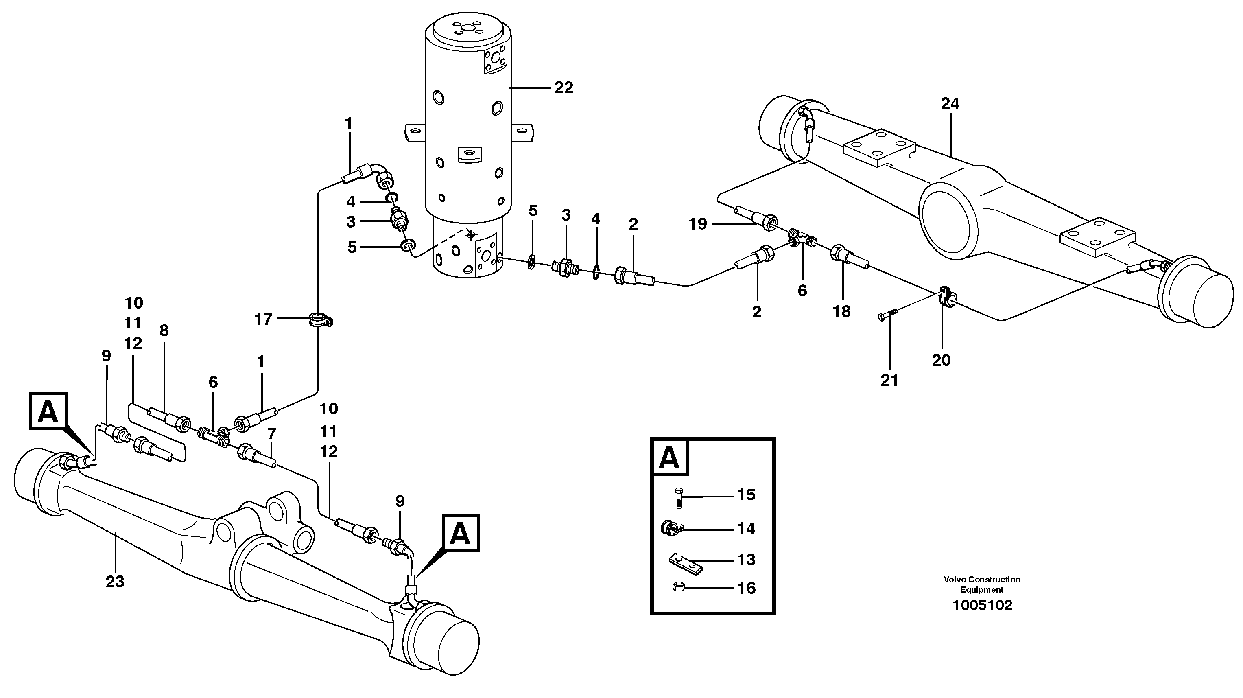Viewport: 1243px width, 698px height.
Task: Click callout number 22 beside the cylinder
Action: (563, 88)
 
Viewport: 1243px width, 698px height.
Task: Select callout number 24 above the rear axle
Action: (950, 104)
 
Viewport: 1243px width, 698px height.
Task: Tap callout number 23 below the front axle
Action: (115, 582)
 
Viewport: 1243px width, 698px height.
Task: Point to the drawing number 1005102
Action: (982, 605)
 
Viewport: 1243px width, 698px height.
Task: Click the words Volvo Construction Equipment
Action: (982, 584)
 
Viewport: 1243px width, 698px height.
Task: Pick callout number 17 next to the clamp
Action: (264, 319)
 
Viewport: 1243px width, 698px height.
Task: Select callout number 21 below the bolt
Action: (889, 381)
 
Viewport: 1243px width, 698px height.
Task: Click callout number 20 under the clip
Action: (941, 360)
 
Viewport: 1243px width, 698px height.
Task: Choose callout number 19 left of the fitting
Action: (698, 224)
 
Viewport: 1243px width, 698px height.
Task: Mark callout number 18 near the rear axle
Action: (841, 311)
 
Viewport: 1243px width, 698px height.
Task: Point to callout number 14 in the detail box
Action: (745, 529)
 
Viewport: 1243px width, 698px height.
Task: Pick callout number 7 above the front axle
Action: (272, 433)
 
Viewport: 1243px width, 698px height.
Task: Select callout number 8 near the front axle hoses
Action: (164, 330)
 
